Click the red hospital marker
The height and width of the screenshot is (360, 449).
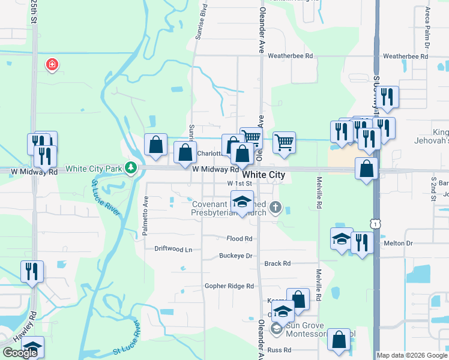pos(52,64)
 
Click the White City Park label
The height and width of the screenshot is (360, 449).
pos(94,169)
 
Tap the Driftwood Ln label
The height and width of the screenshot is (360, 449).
pos(173,249)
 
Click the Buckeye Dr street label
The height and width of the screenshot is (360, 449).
pos(235,255)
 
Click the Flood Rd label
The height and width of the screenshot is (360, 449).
pos(240,238)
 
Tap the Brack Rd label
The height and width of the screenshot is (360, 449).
pos(277,263)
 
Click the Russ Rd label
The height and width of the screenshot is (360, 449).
pos(279,350)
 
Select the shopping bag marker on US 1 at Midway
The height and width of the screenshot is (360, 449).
pos(366,169)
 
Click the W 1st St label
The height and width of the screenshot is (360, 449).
pos(239,183)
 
